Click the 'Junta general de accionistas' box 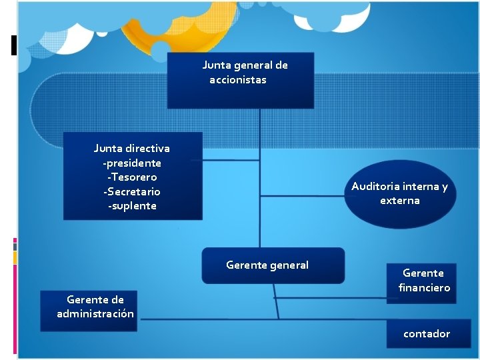(x=240, y=81)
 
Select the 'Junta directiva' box (x=132, y=176)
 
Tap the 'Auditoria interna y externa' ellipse (x=400, y=193)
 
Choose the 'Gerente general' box (x=273, y=265)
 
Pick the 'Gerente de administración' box (x=87, y=311)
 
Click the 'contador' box (x=426, y=333)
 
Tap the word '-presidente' (x=132, y=163)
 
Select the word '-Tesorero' (x=132, y=177)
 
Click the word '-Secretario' (x=132, y=191)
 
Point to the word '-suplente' (x=132, y=205)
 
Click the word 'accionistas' (x=237, y=80)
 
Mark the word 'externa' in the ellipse (x=400, y=200)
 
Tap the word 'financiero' (x=424, y=287)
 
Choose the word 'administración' (x=95, y=313)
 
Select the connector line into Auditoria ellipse (x=303, y=196)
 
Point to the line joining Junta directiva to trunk (x=230, y=159)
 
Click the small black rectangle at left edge (x=13, y=45)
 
